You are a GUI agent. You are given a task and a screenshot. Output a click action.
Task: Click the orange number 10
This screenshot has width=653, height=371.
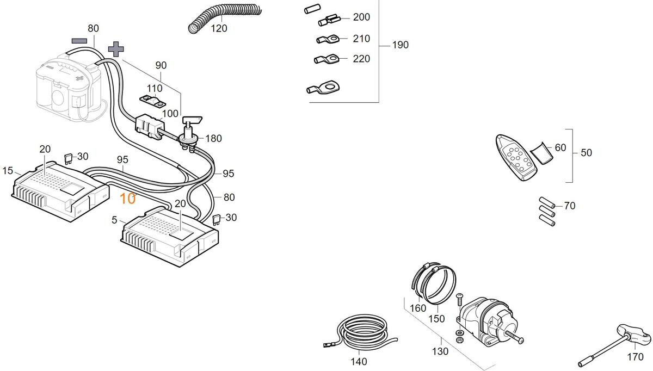(x=127, y=199)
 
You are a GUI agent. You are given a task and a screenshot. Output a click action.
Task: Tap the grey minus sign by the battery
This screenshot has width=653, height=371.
(x=79, y=40)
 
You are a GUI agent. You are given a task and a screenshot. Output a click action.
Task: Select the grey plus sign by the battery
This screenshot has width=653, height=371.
(x=115, y=49)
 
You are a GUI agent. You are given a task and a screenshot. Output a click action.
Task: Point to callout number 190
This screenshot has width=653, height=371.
(x=400, y=45)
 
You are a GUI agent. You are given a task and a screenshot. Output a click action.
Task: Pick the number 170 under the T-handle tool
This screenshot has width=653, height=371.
(x=635, y=357)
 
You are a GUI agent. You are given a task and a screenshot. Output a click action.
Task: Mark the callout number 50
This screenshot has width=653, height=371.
(x=586, y=153)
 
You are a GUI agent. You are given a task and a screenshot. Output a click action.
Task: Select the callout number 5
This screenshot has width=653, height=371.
(x=114, y=220)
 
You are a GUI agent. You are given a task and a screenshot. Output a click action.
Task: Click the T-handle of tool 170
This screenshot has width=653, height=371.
(x=634, y=333)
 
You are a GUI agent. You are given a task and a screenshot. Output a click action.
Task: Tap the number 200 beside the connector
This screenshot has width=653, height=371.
(x=361, y=17)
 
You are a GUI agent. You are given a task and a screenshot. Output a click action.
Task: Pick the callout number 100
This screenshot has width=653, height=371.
(x=170, y=114)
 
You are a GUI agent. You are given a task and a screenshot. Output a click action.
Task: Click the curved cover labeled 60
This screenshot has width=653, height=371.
(x=541, y=152)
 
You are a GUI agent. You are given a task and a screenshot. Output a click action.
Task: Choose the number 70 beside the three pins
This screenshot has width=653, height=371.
(x=569, y=206)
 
